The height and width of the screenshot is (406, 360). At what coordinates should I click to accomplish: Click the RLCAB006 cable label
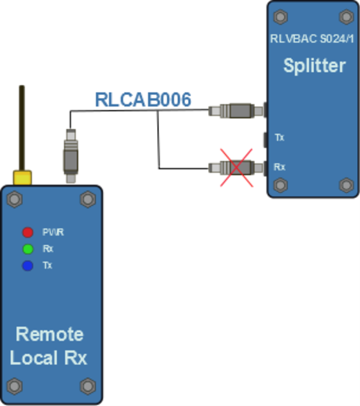[x=144, y=99]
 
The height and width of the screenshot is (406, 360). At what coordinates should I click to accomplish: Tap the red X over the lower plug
[x=235, y=168]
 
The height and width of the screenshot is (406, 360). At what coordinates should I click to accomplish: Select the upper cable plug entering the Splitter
[x=235, y=111]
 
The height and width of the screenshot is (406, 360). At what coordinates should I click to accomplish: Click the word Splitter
[x=312, y=66]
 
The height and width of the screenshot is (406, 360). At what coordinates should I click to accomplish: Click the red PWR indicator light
[x=27, y=232]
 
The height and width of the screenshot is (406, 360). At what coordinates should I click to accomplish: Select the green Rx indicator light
[x=27, y=249]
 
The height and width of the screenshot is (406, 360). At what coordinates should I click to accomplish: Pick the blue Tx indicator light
[x=27, y=266]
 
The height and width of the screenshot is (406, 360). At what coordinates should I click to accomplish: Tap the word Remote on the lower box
[x=50, y=334]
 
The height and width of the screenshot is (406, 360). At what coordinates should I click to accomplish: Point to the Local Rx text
[x=50, y=358]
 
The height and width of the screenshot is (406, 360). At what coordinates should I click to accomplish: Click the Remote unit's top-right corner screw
[x=88, y=198]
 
